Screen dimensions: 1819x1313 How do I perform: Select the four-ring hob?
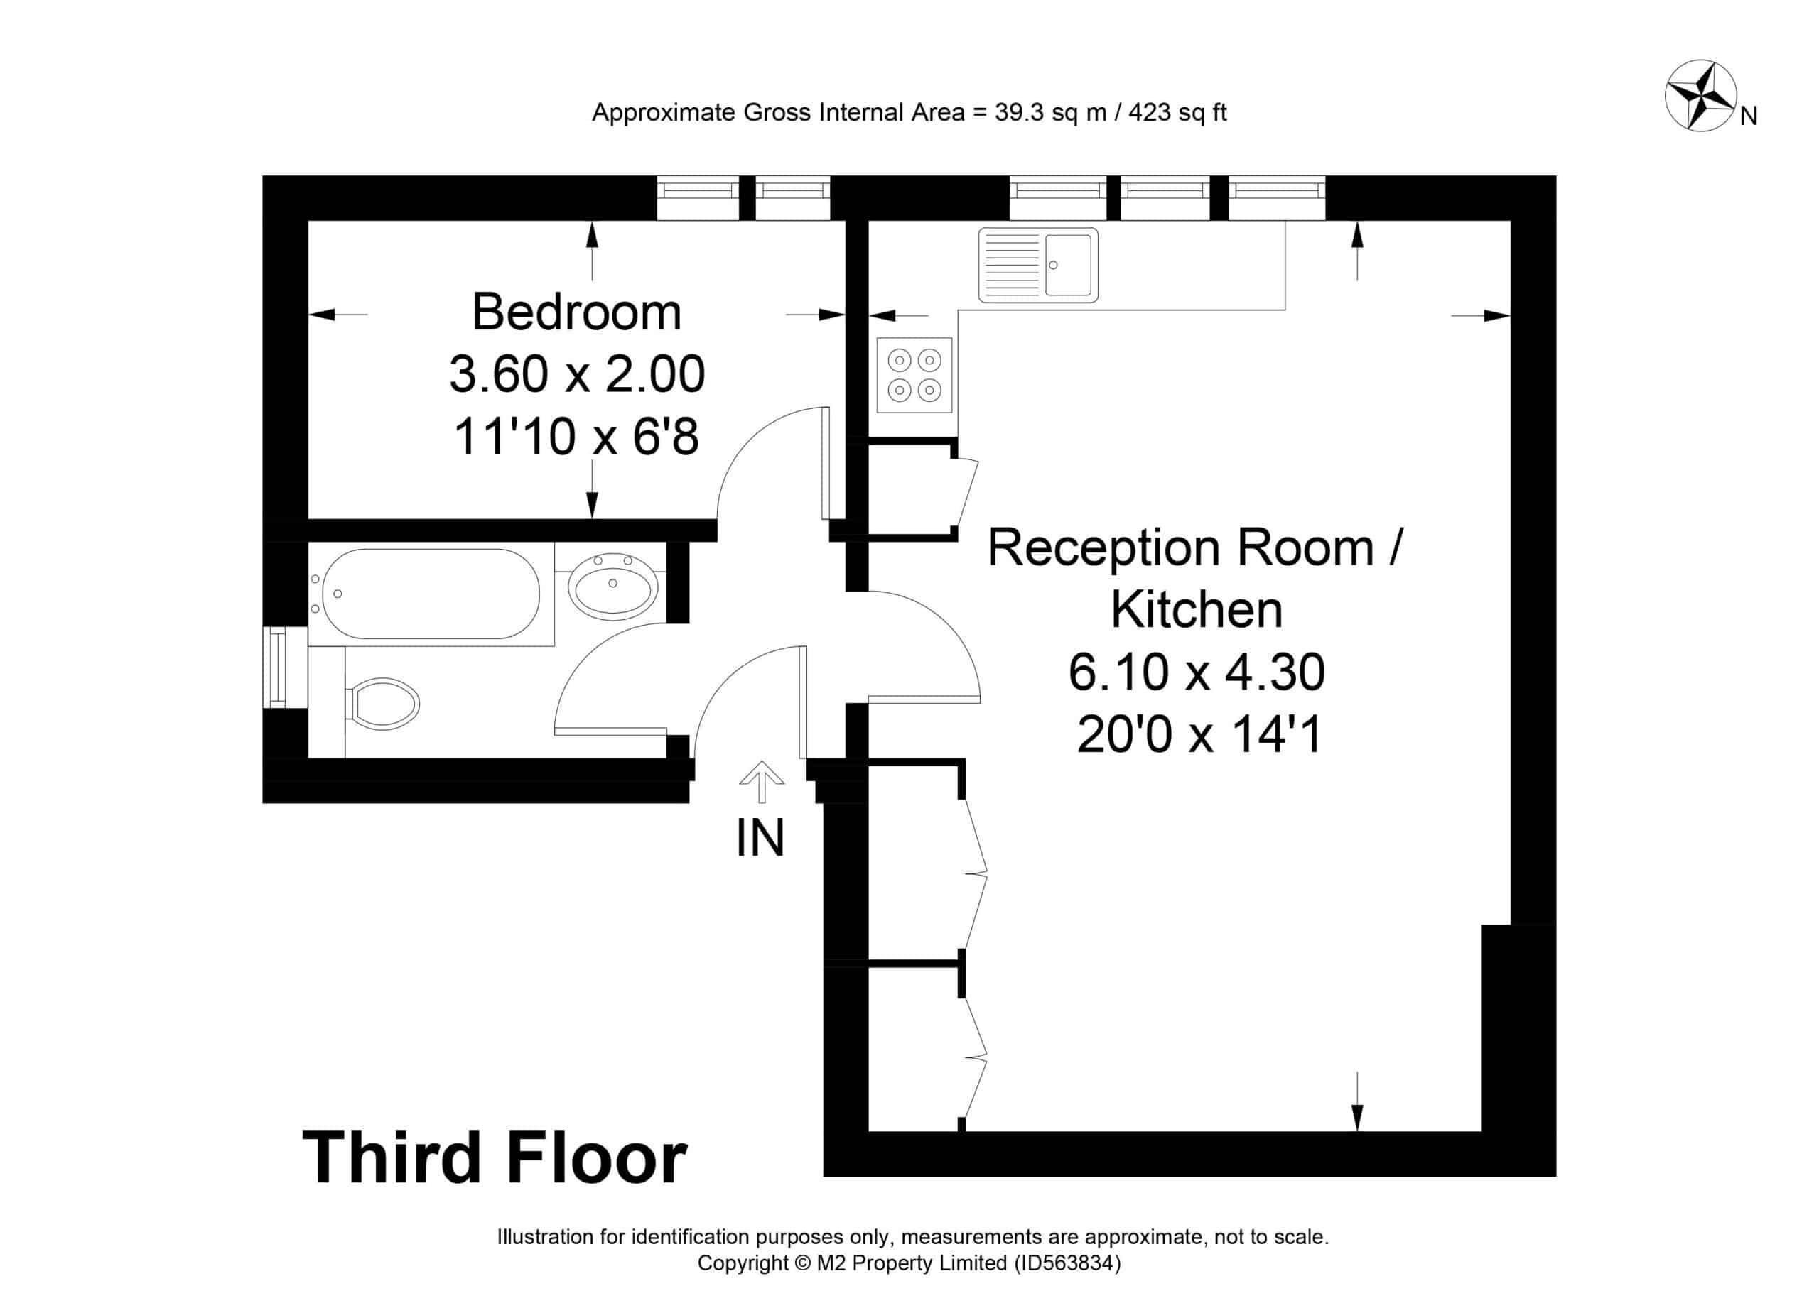coord(914,375)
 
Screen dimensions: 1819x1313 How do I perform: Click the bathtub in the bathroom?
coord(431,594)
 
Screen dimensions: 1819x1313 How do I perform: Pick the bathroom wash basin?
coord(612,583)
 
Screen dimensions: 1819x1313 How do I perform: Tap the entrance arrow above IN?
coord(761,782)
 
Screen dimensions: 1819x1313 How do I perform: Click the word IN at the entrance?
coord(760,839)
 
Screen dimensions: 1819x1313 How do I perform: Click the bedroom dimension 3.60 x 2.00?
coord(577,374)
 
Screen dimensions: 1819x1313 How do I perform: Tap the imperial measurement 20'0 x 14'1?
coord(1199,734)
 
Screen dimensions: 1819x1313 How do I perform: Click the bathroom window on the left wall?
coord(276,667)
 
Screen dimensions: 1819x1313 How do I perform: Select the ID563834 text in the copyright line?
coord(1067,1263)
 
